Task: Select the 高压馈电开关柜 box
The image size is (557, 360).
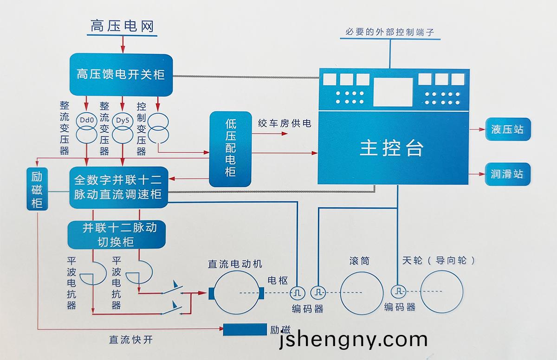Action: (x=121, y=74)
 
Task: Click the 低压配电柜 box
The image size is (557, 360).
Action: (x=230, y=149)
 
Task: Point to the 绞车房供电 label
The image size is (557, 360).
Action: (x=285, y=123)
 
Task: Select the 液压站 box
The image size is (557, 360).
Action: (x=507, y=129)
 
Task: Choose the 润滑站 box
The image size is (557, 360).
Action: (x=507, y=174)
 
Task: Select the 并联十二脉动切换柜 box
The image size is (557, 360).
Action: (x=116, y=234)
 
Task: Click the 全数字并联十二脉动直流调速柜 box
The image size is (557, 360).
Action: (x=118, y=186)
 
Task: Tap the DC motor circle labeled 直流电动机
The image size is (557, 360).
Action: (x=236, y=293)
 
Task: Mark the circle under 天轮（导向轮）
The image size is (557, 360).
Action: (x=441, y=292)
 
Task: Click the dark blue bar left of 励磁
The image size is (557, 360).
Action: (x=245, y=329)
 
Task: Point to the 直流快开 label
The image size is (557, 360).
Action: (x=130, y=339)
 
